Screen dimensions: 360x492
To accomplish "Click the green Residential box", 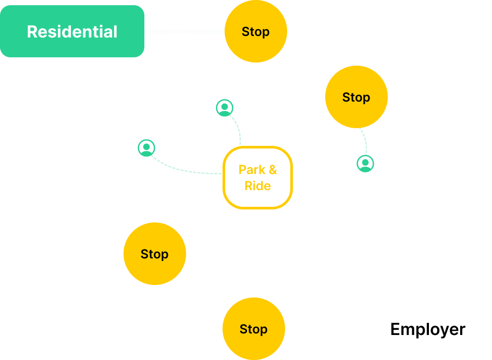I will pos(72,31).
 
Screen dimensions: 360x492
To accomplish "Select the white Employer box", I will pos(427,329).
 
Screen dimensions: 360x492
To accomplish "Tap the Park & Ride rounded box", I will pos(257,178).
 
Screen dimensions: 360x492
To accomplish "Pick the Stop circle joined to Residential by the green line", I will pos(255,31).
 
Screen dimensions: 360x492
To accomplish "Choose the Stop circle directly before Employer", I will pos(253,329).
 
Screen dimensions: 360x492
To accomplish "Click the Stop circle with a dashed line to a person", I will pos(356,97).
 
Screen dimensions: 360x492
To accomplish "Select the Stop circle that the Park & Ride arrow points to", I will pos(154,254).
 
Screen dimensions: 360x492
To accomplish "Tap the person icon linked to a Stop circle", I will pos(365,164).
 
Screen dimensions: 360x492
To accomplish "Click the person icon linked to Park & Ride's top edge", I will pos(225,108).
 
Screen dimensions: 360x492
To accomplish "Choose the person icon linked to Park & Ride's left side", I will pos(146,148).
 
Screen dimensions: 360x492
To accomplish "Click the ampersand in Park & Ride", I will pos(273,170).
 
